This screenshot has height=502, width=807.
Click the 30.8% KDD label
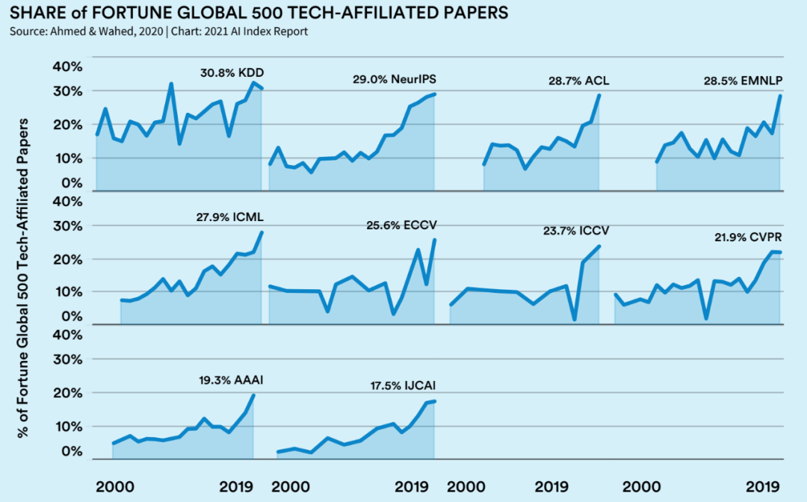(x=232, y=73)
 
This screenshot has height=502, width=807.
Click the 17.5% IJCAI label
(x=403, y=386)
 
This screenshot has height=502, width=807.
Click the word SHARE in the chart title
(x=34, y=13)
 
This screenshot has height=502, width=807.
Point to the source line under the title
(x=158, y=31)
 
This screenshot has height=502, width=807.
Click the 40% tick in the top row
(x=67, y=66)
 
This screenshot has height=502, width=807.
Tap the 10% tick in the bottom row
(x=67, y=426)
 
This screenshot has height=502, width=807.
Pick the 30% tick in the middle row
(x=67, y=226)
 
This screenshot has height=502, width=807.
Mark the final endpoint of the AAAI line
(x=253, y=395)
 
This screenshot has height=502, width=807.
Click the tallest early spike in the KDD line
(x=171, y=84)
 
